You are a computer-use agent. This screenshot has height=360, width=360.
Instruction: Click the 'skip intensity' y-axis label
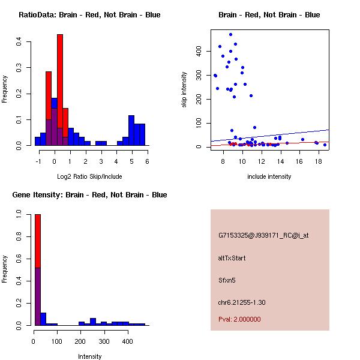[x=185, y=89]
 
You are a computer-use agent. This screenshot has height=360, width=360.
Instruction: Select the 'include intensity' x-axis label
[x=269, y=176]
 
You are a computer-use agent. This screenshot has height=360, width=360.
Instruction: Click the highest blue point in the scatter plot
[x=230, y=35]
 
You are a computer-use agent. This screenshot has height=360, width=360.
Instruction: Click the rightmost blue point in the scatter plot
[x=325, y=145]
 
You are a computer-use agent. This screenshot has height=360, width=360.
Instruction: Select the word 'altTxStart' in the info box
[x=232, y=258]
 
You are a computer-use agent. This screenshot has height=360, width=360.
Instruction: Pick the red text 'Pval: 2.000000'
[x=239, y=319]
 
